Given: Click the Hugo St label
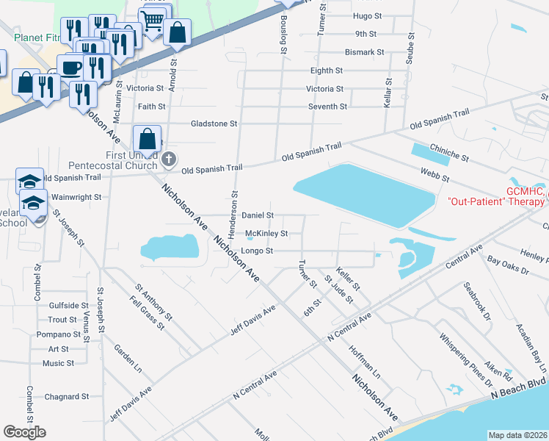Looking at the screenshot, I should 368,15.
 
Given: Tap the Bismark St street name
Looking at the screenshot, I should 365,52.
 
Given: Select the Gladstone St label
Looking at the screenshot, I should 214,124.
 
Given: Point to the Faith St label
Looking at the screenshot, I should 151,107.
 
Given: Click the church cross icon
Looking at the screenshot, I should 169,158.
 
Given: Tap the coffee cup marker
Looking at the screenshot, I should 71,68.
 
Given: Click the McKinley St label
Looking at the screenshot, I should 266,234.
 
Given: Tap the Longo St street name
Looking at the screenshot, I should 258,251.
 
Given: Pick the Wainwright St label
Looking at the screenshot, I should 76,197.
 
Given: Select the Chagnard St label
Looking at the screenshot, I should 66,396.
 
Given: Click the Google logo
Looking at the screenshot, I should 24,431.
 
